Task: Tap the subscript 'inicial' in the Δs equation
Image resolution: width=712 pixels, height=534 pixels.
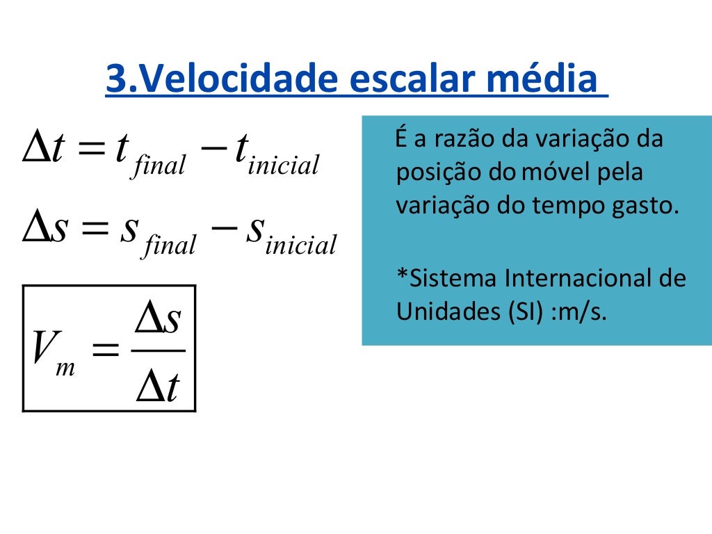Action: tap(300, 245)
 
